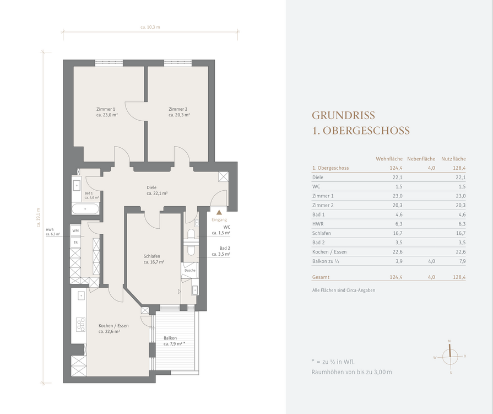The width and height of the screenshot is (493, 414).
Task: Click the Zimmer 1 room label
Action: pyautogui.click(x=106, y=109)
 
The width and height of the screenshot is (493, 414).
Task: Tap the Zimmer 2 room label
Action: pyautogui.click(x=178, y=109)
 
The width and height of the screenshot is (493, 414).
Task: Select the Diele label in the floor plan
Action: pyautogui.click(x=151, y=187)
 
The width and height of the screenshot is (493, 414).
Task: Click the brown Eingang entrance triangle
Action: pyautogui.click(x=219, y=213)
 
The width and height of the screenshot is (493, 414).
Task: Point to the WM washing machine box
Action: pyautogui.click(x=75, y=230)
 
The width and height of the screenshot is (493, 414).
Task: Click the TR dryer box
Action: pyautogui.click(x=75, y=243)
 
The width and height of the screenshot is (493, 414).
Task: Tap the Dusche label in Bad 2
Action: pyautogui.click(x=190, y=270)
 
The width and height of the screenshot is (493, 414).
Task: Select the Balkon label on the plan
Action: pyautogui.click(x=170, y=338)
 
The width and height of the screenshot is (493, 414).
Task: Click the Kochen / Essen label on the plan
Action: pyautogui.click(x=113, y=326)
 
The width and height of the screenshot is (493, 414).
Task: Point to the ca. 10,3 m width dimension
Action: pyautogui.click(x=150, y=27)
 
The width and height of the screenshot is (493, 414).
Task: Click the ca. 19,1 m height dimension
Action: pyautogui.click(x=39, y=217)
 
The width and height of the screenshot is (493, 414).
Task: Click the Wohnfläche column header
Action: pyautogui.click(x=389, y=159)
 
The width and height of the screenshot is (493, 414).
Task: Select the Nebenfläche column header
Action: pyautogui.click(x=421, y=159)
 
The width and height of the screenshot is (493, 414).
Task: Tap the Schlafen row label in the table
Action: pyautogui.click(x=321, y=233)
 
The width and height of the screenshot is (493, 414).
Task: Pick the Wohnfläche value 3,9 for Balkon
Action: pyautogui.click(x=399, y=261)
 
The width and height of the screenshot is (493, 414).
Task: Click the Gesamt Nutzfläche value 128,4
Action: pyautogui.click(x=459, y=277)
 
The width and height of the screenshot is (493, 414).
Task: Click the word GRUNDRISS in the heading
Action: pyautogui.click(x=343, y=115)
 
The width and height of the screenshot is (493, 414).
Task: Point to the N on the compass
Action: pyautogui.click(x=449, y=341)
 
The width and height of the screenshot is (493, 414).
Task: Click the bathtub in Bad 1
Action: pyautogui.click(x=85, y=209)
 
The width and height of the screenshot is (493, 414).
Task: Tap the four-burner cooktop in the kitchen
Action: pyautogui.click(x=81, y=324)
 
